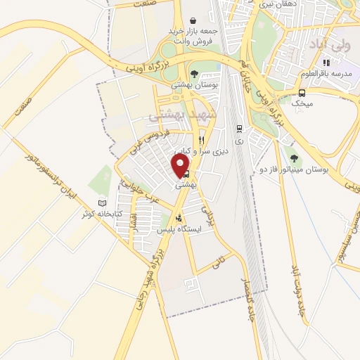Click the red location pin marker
tap(181, 165)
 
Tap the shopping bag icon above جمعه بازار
tap(193, 21)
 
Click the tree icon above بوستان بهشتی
tap(193, 72)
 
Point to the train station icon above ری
tap(239, 129)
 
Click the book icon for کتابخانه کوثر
tap(103, 202)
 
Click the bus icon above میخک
tap(302, 92)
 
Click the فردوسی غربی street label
tap(148, 140)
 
